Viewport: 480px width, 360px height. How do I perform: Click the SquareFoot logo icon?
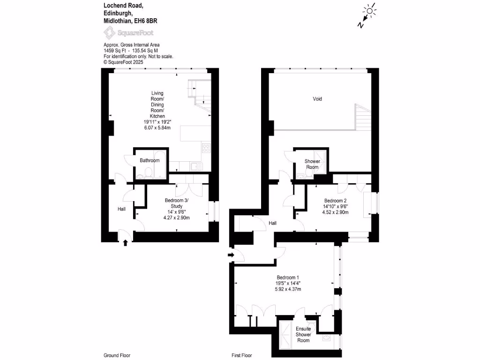(x=110, y=33)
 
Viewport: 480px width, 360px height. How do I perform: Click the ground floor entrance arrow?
(x=125, y=242)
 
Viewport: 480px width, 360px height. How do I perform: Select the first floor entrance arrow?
(x=230, y=255)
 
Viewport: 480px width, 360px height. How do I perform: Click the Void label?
(x=317, y=99)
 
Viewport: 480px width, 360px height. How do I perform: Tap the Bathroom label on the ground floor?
(x=150, y=160)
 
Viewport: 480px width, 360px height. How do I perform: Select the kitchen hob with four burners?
(x=207, y=149)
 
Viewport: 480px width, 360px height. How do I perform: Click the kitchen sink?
(x=194, y=166)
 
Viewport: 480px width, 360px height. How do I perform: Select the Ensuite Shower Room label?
(x=303, y=334)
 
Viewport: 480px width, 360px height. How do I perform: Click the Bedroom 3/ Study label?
(x=176, y=203)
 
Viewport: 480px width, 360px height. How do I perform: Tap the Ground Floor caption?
(x=117, y=355)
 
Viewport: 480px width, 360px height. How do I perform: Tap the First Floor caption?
(x=243, y=355)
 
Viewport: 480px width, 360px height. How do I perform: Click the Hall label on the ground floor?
(x=122, y=209)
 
